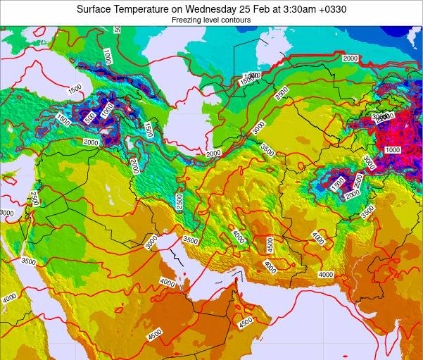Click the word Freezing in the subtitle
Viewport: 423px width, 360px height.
pos(187,20)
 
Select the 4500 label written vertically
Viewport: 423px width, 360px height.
pos(270,245)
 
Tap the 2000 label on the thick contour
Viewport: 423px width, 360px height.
pos(350,58)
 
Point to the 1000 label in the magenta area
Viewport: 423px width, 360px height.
pos(393,150)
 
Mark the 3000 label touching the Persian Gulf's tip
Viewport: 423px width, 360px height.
pos(151,242)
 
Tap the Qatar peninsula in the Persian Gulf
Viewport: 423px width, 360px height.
pos(189,284)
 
